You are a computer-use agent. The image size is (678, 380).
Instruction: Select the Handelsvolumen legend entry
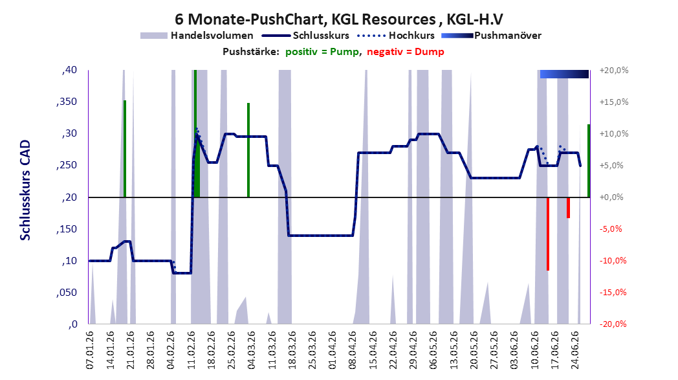tap(197, 36)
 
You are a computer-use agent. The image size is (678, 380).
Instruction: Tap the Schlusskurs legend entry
tap(305, 36)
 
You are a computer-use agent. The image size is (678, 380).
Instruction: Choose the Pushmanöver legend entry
tap(491, 36)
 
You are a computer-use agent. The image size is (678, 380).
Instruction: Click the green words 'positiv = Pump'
tap(322, 52)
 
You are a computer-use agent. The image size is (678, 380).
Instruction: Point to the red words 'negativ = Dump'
tap(405, 52)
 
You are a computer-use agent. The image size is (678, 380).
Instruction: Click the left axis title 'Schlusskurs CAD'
tap(25, 190)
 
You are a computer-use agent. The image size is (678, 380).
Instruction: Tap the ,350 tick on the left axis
tap(67, 102)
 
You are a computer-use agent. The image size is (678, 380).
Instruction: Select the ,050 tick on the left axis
tap(67, 293)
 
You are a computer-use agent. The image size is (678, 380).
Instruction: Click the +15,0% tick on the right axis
tap(614, 102)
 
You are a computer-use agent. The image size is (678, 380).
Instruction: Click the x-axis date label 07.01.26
tap(90, 350)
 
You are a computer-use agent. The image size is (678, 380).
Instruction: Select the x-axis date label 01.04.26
tap(332, 350)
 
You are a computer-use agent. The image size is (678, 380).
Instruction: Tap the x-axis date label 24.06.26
tap(574, 350)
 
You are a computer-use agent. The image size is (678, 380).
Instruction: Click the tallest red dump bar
tap(548, 234)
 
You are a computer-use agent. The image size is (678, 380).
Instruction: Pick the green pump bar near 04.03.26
tap(248, 150)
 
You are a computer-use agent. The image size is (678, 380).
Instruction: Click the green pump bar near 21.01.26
tap(124, 149)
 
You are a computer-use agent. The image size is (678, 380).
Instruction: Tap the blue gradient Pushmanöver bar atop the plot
tap(564, 74)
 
